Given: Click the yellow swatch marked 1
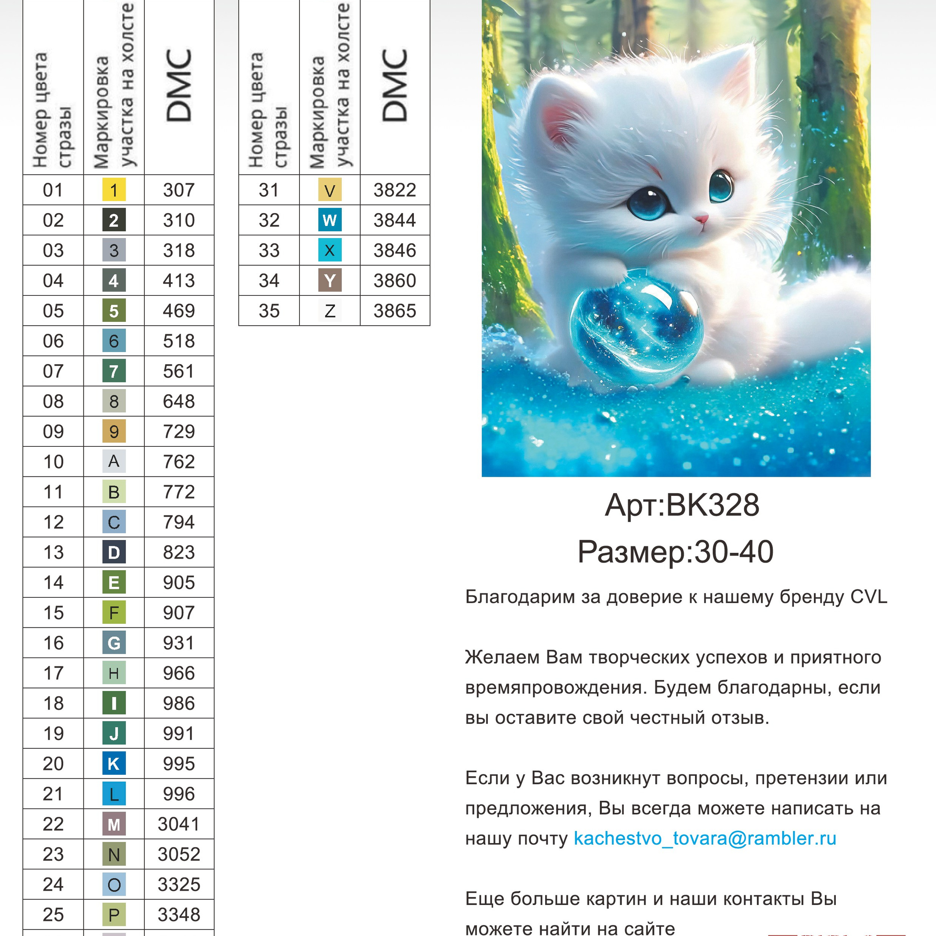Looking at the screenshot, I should pos(114,190).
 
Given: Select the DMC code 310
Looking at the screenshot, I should pos(179,220).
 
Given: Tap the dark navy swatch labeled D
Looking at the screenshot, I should pos(114,552).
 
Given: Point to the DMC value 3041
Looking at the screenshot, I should pos(179,824).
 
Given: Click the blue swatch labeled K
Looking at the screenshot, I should pos(114,763).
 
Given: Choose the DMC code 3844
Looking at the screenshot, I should pos(395,220).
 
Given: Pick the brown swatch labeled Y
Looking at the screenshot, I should pos(330,280).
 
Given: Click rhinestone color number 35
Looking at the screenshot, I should pos(269,311).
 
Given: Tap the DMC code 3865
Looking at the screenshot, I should pos(395,311).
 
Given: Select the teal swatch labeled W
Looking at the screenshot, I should pos(330,220).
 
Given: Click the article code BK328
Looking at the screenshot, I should pos(712,505).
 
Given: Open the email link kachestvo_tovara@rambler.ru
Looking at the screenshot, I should pos(705,839).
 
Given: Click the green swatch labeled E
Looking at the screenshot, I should pos(114,582).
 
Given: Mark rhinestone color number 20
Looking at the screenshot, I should pos(53,763).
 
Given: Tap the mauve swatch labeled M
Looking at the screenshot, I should pos(114,824).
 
